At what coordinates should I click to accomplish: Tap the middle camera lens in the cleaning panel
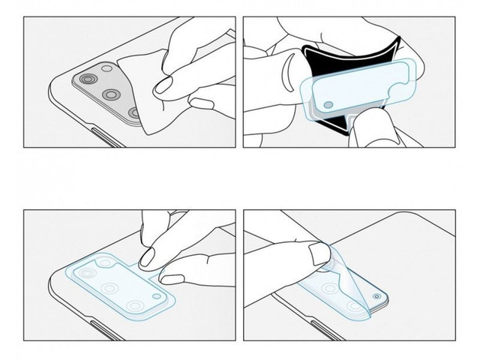(x=112, y=94)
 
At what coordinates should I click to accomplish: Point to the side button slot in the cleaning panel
(x=102, y=134)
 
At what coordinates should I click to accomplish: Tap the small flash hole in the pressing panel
(x=156, y=297)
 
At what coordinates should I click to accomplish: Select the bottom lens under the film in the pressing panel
(x=135, y=306)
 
